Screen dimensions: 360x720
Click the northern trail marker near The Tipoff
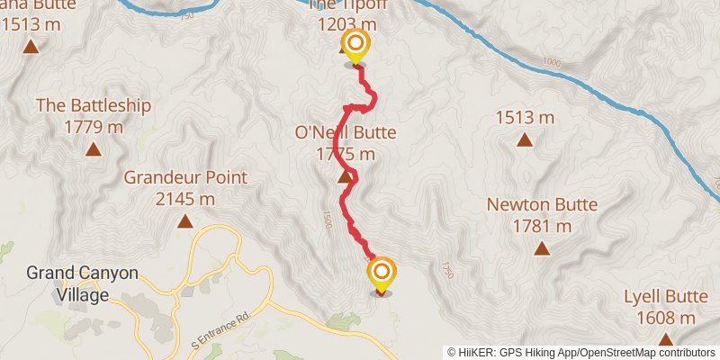355,45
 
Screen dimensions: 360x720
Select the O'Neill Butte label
346,133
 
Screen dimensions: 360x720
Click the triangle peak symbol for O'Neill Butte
345,177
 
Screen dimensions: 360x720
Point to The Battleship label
94,105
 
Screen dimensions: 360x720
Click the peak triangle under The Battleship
93,149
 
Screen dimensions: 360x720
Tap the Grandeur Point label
184,177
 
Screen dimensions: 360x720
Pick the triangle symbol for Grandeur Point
184,221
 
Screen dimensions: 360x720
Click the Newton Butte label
542,204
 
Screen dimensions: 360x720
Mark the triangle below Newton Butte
542,248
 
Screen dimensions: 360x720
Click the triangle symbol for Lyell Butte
665,339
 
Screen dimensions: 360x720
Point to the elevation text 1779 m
94,126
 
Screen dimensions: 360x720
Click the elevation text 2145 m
184,198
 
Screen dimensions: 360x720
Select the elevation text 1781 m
542,225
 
